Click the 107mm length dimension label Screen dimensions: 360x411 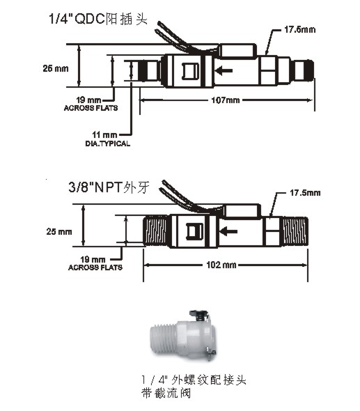point(226,100)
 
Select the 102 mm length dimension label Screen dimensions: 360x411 point(221,265)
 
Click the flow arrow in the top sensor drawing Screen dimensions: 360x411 point(224,70)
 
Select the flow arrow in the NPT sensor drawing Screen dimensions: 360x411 point(228,231)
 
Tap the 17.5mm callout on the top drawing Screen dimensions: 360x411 point(299,29)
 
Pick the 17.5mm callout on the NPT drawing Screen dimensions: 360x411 point(305,193)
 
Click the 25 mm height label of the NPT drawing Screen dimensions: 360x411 point(59,232)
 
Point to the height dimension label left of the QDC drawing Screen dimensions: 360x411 point(56,68)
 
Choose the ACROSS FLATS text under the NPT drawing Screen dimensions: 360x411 point(95,267)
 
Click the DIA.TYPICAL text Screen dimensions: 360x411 point(108,144)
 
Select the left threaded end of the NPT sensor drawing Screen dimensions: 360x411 point(155,231)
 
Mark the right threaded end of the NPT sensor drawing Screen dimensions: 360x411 point(295,231)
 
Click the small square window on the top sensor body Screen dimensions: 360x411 point(191,72)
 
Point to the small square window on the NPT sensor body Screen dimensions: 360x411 point(194,231)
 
